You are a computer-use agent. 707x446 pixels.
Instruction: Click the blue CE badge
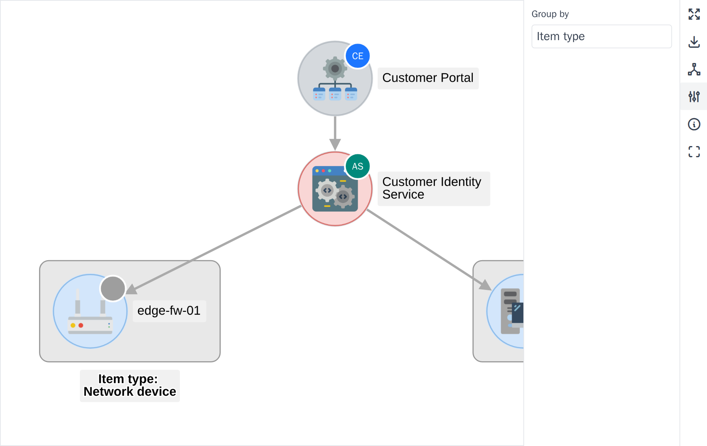point(358,56)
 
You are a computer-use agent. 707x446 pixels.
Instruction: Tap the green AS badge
point(358,166)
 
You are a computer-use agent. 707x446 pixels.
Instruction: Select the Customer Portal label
point(428,78)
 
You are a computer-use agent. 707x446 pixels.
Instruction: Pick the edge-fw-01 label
point(169,311)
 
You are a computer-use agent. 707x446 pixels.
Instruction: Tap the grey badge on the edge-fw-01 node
point(113,288)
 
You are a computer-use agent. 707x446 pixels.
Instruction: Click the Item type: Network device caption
point(130,385)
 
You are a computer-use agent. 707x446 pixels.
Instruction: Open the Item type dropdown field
point(601,36)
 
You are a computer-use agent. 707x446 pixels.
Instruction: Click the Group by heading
point(550,14)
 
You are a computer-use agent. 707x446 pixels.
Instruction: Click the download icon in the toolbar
point(694,42)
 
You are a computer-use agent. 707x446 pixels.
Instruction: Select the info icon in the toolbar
point(694,124)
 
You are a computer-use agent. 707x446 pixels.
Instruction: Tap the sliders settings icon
point(694,97)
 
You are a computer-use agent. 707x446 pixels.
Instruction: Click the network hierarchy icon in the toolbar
point(694,69)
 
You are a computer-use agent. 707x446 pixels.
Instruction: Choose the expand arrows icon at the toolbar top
point(694,14)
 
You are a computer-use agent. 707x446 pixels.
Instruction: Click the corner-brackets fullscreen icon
point(694,152)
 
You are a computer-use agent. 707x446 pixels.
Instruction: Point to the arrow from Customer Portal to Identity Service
point(335,133)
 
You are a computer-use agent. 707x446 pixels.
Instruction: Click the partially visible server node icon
point(512,311)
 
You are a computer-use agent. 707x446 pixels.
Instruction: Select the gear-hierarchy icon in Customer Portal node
point(335,78)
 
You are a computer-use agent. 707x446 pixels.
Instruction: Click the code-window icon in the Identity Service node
point(335,189)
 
